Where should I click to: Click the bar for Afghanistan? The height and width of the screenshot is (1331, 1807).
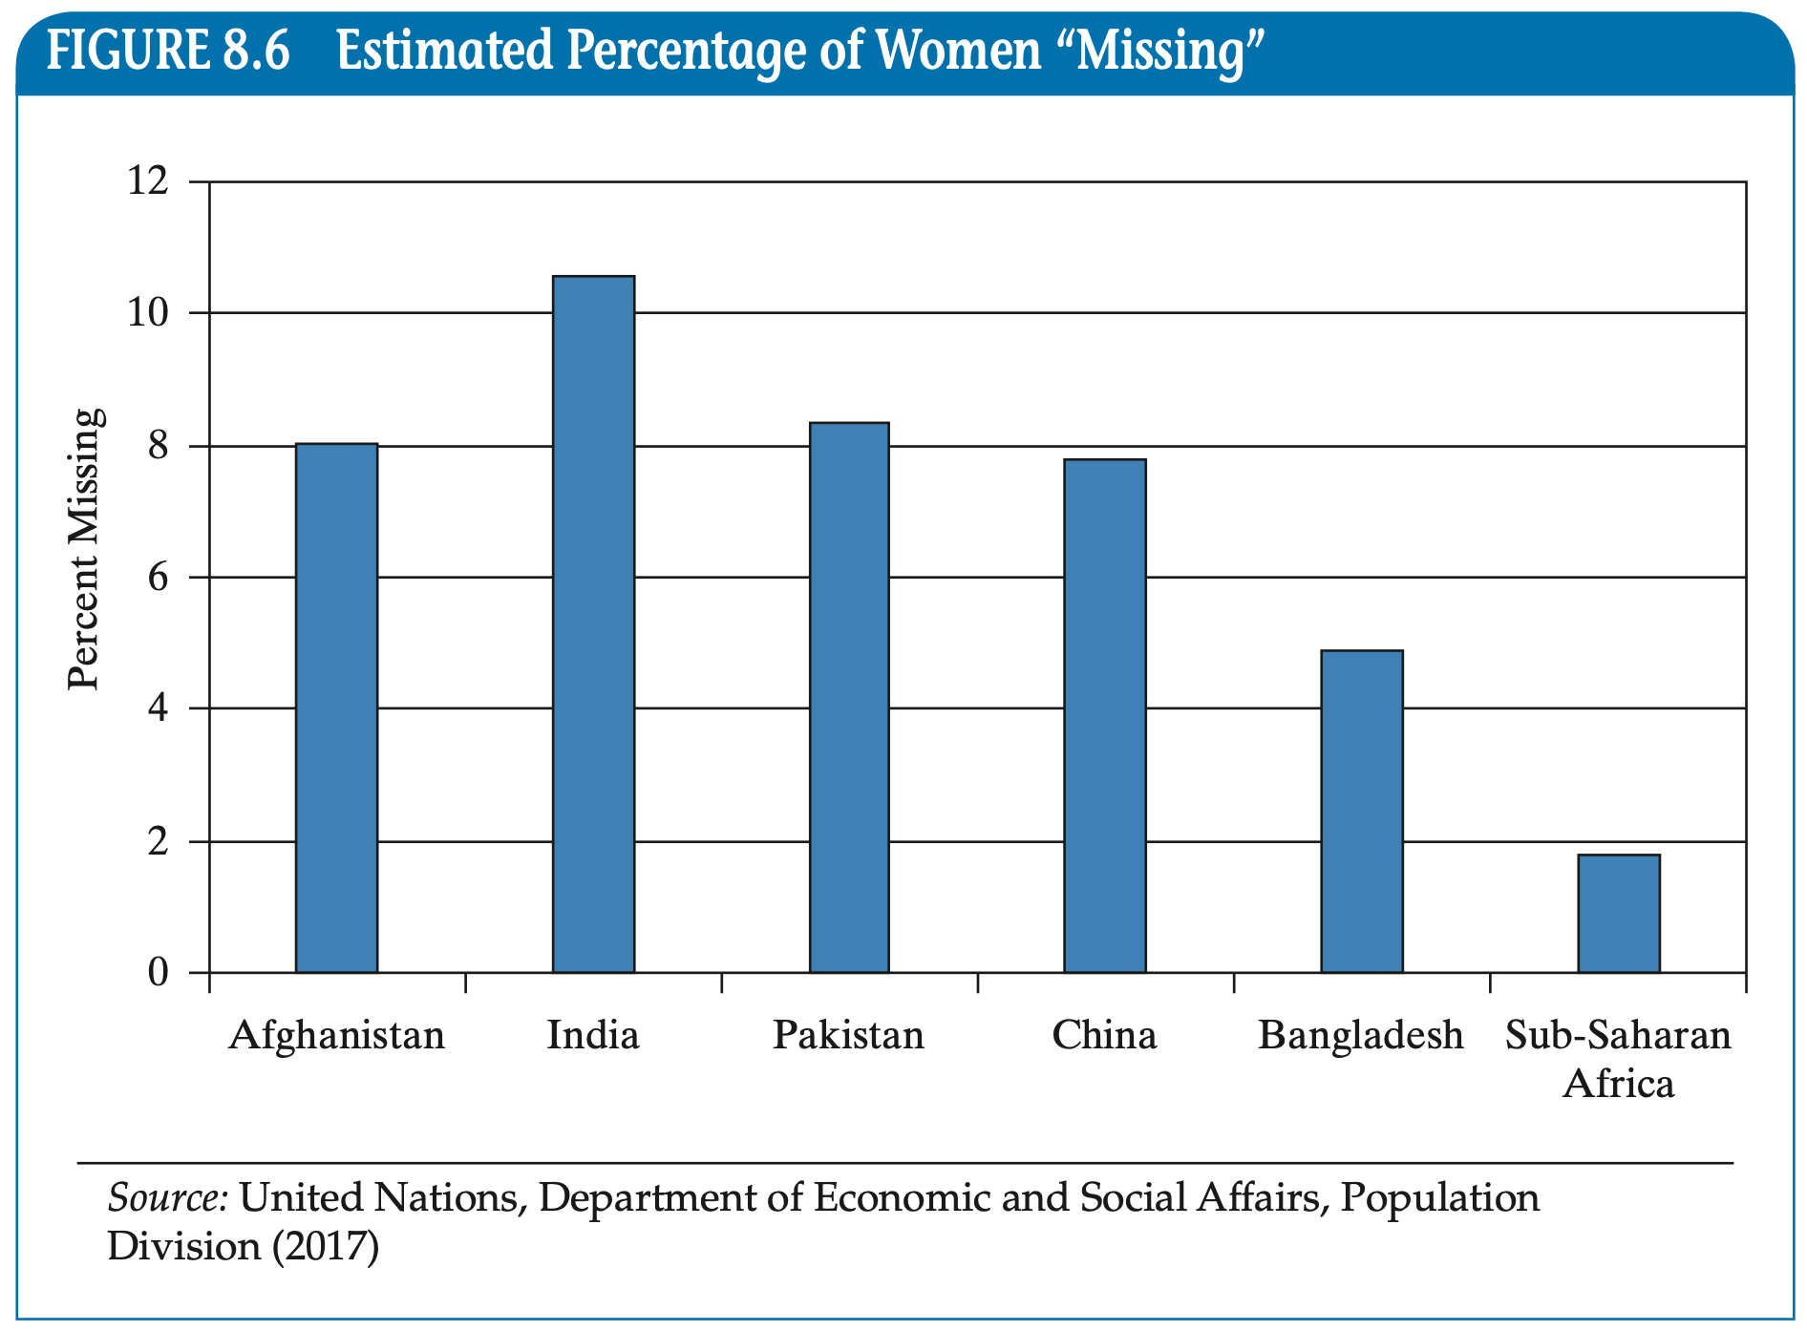336,708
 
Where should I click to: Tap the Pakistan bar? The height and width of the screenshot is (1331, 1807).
849,697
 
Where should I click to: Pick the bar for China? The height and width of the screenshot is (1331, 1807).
1105,716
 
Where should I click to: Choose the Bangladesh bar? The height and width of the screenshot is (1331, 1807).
1361,812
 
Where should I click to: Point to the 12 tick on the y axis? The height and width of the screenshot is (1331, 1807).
148,180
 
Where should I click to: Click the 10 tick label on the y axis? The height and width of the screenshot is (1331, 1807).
148,312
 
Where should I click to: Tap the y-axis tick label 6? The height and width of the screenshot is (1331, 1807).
158,577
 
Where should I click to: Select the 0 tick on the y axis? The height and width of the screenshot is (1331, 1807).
158,973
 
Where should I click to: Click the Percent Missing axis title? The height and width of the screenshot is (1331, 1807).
84,549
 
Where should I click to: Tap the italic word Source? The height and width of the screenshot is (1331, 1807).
167,1197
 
